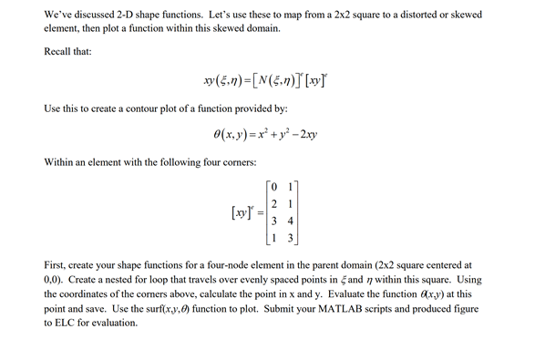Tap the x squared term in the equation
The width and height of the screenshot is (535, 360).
click(259, 134)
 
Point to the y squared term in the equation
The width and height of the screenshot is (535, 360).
click(285, 134)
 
